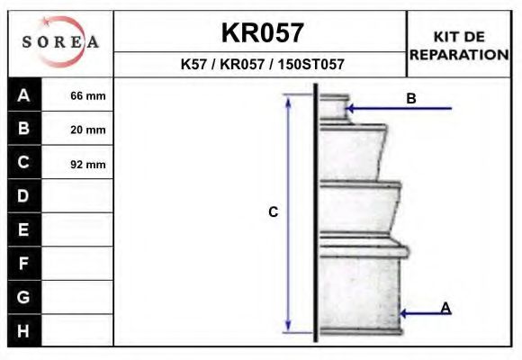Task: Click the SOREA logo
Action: pos(60,42)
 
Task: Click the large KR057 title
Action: pos(262,32)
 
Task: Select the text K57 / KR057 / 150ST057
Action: pos(262,65)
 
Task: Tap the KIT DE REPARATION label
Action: pos(459,45)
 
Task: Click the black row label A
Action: pos(24,94)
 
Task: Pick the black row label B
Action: pos(24,129)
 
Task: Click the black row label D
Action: pos(24,195)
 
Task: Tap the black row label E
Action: pos(24,229)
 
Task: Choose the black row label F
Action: pos(24,263)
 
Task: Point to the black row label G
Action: pos(24,296)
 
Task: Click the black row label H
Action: pos(24,330)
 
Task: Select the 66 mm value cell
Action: pos(87,95)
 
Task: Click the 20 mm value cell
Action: pos(87,130)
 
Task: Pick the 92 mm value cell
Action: pos(87,164)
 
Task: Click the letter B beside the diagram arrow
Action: pos(411,98)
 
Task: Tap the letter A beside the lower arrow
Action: pos(445,308)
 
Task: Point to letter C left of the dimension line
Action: pos(273,212)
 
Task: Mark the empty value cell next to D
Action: pos(78,195)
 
